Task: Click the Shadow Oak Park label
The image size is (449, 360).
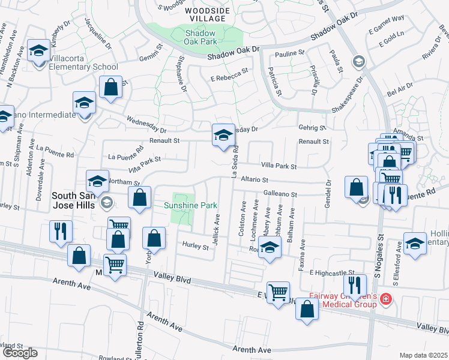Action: pyautogui.click(x=201, y=37)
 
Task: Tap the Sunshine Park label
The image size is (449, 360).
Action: pyautogui.click(x=191, y=206)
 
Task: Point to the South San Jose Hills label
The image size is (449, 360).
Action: pyautogui.click(x=78, y=200)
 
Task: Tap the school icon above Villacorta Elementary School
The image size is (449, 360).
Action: pyautogui.click(x=40, y=53)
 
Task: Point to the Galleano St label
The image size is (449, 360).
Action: pyautogui.click(x=281, y=194)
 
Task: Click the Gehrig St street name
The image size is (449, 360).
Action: pyautogui.click(x=312, y=128)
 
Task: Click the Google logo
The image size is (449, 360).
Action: pyautogui.click(x=20, y=352)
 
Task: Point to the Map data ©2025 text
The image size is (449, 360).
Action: pyautogui.click(x=423, y=355)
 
